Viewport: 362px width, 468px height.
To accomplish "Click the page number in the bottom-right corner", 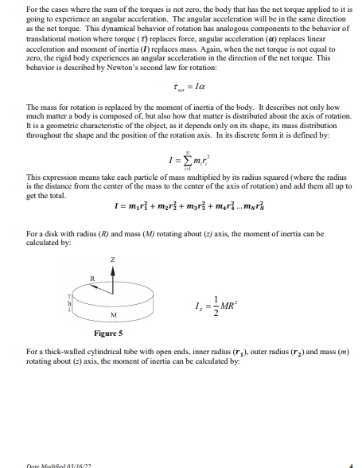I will point(349,464).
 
